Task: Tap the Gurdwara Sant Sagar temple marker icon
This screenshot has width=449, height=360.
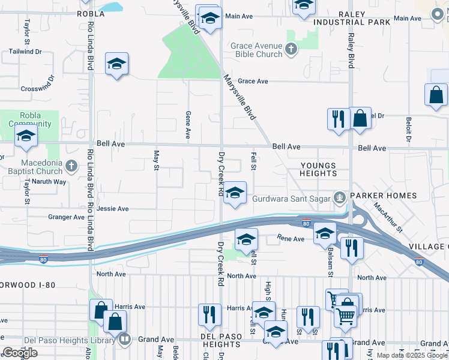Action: [x=340, y=196]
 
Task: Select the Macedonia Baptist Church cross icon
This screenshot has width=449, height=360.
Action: [x=71, y=165]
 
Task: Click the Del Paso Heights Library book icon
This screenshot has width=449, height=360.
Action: [x=124, y=340]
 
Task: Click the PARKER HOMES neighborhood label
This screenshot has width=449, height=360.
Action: [x=384, y=196]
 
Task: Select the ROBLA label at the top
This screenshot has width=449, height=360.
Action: [x=92, y=13]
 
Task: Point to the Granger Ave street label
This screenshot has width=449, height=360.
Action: [x=67, y=217]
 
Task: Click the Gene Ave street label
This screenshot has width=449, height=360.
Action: [x=188, y=122]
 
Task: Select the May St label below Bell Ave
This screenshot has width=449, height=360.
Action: [x=156, y=159]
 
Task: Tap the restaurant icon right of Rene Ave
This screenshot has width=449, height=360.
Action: [x=352, y=247]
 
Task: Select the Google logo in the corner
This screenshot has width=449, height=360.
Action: [x=20, y=353]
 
